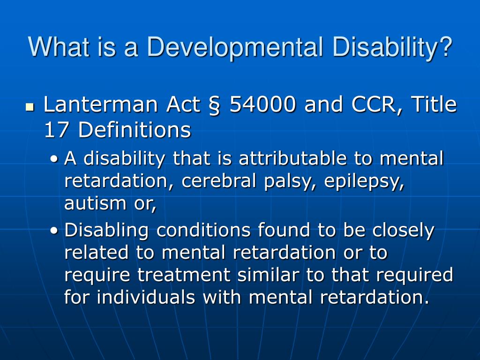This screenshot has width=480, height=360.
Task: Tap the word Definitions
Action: click(135, 130)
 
